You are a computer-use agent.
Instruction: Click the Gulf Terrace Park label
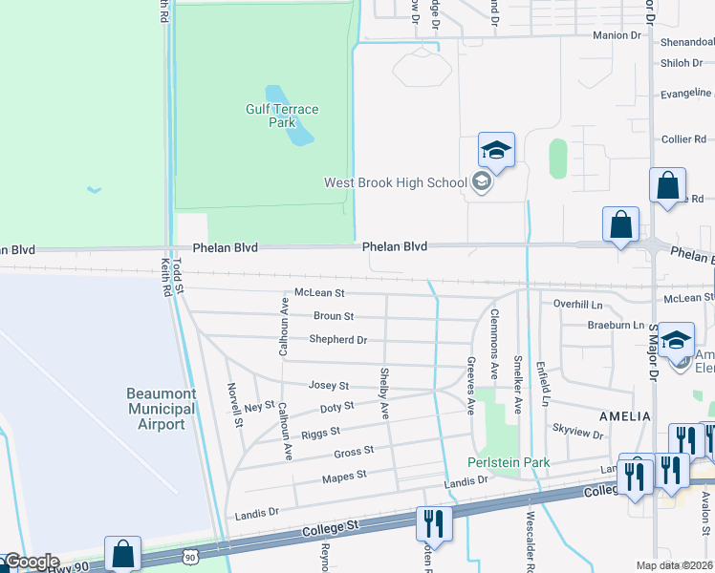click(x=282, y=116)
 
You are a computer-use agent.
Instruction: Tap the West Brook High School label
click(x=395, y=182)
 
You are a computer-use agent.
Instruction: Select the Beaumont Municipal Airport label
click(x=161, y=409)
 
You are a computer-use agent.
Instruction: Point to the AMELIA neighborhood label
click(x=624, y=416)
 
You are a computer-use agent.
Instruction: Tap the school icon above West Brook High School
click(x=496, y=151)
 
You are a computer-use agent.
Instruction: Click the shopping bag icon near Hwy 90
click(x=123, y=554)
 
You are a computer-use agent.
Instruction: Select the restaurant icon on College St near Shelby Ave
click(x=433, y=523)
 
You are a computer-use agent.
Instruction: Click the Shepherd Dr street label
click(x=337, y=339)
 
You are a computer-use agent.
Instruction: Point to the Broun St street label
click(x=334, y=316)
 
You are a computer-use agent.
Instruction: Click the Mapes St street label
click(x=344, y=476)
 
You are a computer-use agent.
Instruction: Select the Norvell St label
click(x=232, y=404)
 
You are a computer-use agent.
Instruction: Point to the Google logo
click(x=32, y=562)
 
